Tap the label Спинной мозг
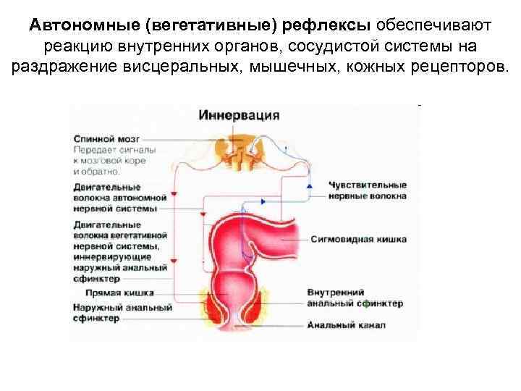click(x=101, y=138)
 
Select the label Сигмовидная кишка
click(x=358, y=239)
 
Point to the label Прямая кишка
click(x=119, y=293)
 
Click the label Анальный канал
click(x=345, y=325)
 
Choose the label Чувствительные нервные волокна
click(x=367, y=190)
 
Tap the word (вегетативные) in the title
click(x=211, y=26)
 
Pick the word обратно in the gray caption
click(x=104, y=172)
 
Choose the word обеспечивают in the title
click(x=433, y=26)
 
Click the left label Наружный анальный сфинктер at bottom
click(x=122, y=313)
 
